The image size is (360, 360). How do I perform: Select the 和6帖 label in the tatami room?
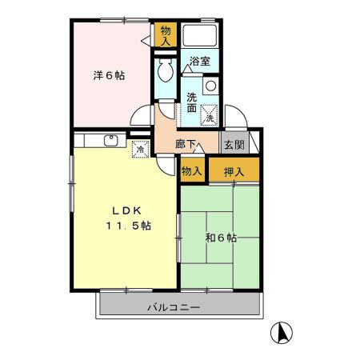(x=221, y=238)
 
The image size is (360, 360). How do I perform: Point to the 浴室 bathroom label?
(x=199, y=61)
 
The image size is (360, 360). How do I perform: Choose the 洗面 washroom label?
(x=192, y=102)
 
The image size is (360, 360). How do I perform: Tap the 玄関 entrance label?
(x=234, y=145)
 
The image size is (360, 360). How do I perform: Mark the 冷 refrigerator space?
(x=141, y=148)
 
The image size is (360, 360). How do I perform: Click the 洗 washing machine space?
(x=210, y=117)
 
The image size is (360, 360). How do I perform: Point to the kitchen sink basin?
(x=110, y=142)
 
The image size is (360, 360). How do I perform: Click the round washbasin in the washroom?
(x=210, y=86)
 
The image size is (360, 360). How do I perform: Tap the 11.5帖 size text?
(x=126, y=226)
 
